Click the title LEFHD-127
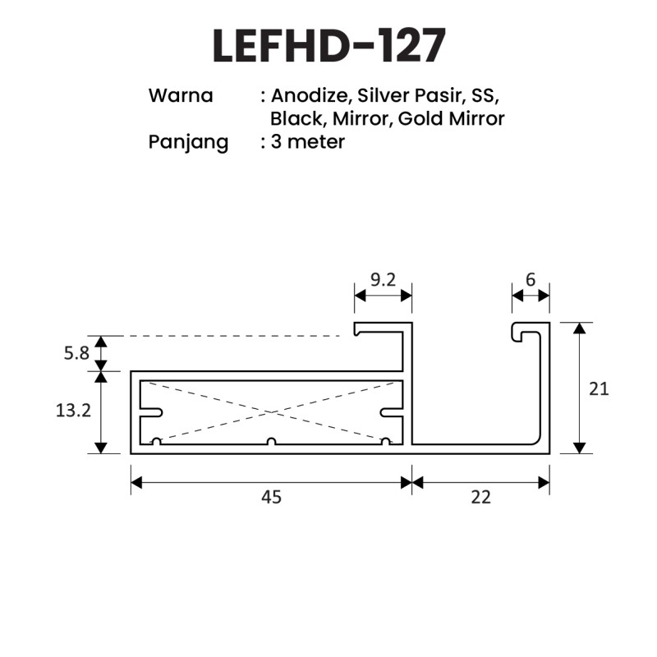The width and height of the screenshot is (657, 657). point(329,46)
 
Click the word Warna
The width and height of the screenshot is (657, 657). point(181,95)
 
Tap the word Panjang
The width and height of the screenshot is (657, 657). point(188,143)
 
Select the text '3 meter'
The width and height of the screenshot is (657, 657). point(307,141)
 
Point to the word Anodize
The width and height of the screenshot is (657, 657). point(310,95)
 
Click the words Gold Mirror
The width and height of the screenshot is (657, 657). point(451,118)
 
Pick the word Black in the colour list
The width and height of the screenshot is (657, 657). point(296,118)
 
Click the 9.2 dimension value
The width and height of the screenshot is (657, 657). point(383,280)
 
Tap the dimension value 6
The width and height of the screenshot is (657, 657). point(531,280)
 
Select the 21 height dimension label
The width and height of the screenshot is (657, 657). point(599,389)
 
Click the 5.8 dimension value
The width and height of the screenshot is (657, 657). point(76,354)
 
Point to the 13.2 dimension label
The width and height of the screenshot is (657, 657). point(73,411)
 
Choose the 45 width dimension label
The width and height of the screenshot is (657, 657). point(272,498)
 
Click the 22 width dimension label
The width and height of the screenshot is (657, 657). point(480,498)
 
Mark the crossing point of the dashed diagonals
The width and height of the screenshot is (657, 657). point(272,412)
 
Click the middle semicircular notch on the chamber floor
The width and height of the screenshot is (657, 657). point(272,441)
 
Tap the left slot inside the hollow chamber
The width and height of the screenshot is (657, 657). point(151,413)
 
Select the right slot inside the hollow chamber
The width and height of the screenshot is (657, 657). point(392,413)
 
